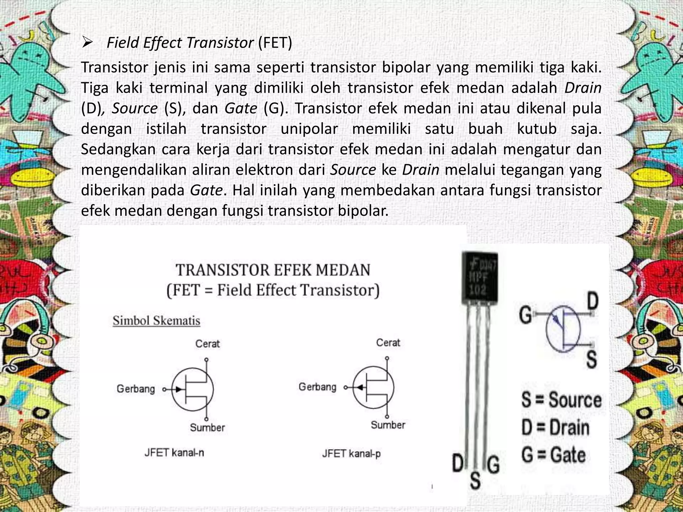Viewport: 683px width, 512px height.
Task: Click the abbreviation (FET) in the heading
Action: point(275,43)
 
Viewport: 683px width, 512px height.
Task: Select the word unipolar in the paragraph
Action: point(309,129)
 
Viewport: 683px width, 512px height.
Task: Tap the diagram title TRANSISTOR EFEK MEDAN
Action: point(273,270)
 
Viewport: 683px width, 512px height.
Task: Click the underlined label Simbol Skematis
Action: point(156,321)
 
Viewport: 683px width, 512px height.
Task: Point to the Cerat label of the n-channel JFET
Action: point(207,344)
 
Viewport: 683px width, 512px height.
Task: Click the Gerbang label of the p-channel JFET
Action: point(317,387)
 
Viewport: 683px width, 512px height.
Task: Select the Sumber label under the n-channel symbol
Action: point(207,427)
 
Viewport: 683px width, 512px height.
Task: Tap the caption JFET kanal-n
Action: point(174,453)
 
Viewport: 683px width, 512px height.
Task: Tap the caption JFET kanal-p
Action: point(351,454)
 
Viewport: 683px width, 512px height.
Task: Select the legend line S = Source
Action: point(561,400)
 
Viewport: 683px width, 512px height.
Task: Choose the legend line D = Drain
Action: point(555,428)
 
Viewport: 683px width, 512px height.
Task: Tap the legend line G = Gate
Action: point(553,455)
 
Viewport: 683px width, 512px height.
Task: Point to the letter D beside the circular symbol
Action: point(592,301)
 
